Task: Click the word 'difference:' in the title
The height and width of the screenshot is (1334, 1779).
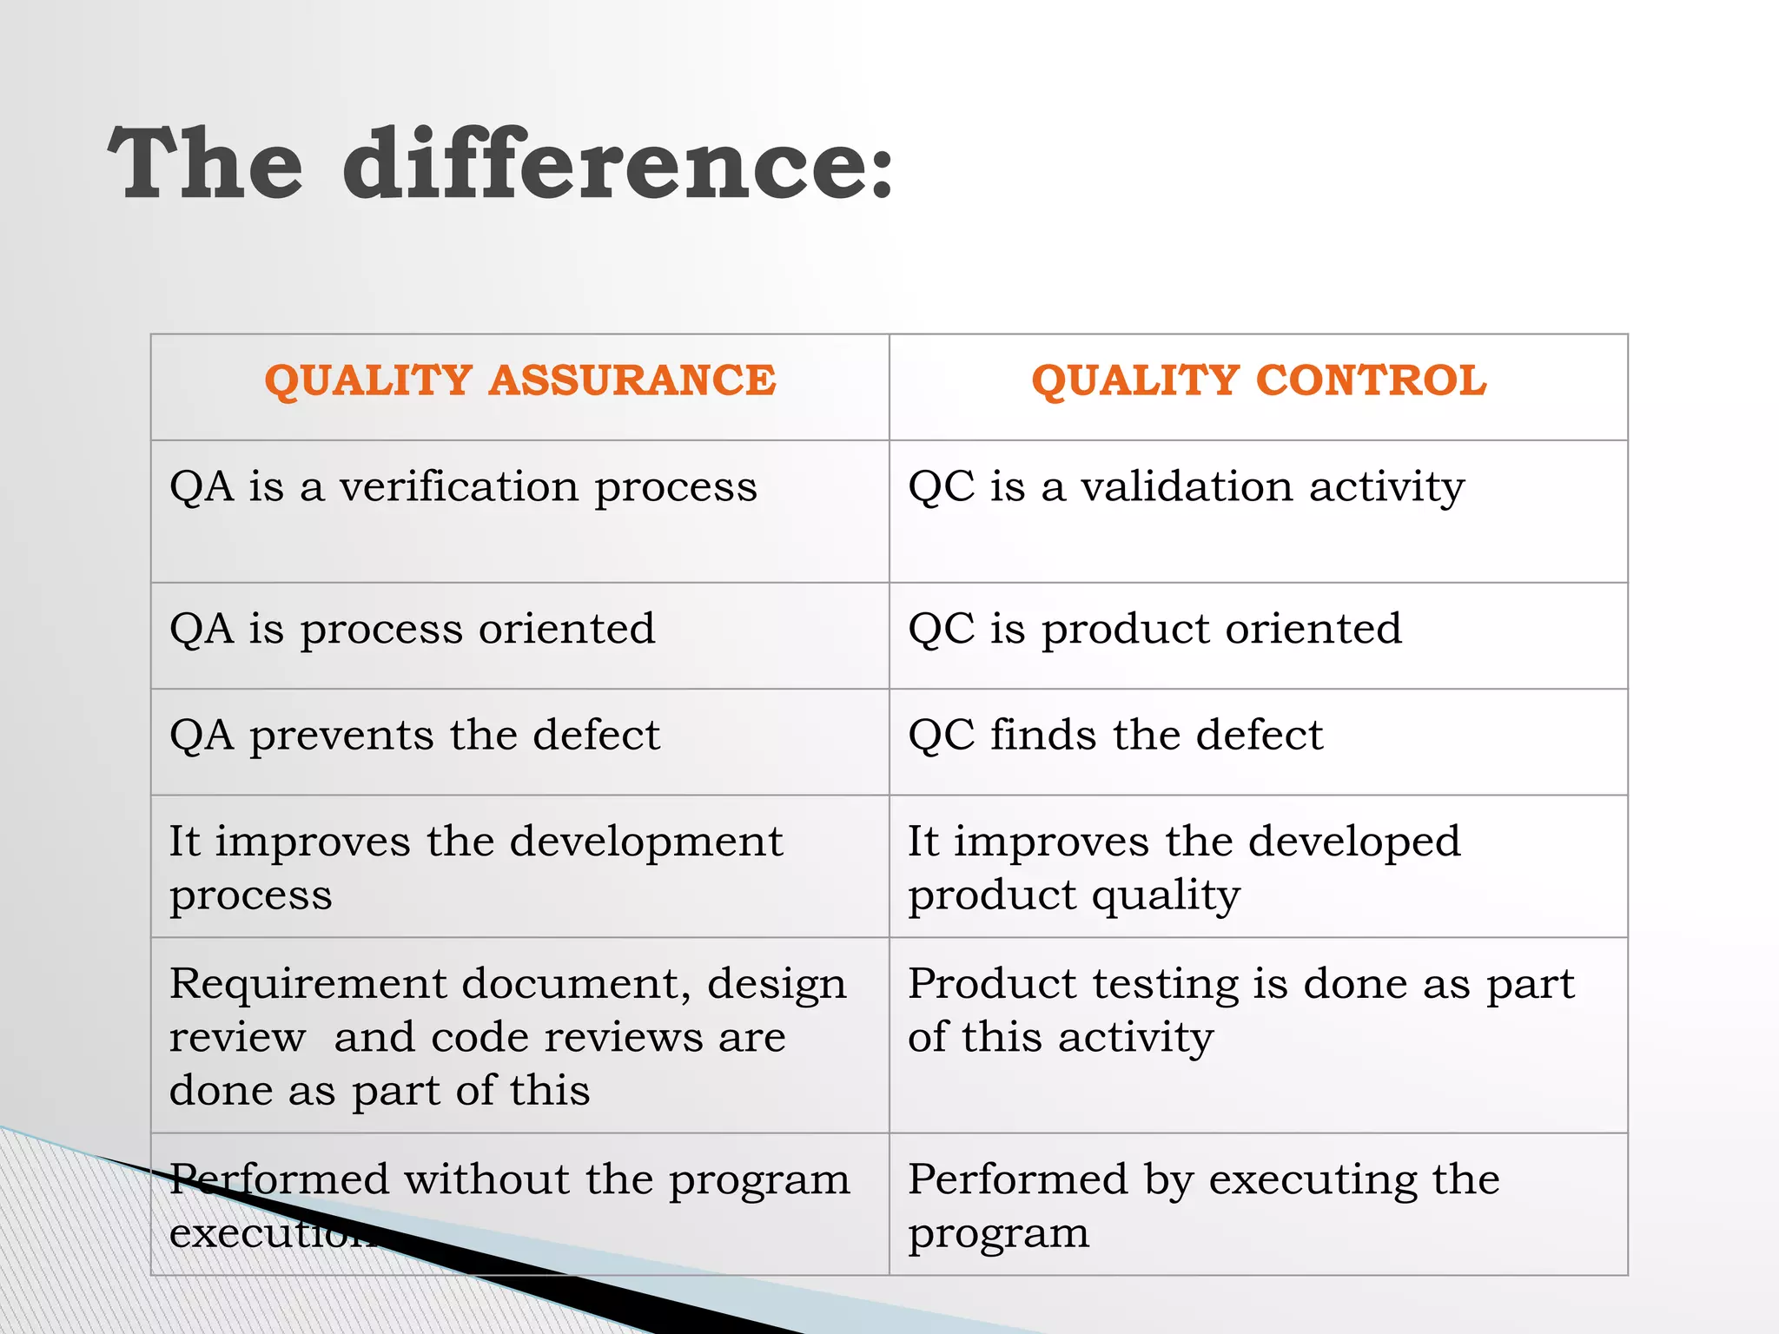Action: point(617,165)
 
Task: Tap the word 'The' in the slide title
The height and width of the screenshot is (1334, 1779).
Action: point(206,165)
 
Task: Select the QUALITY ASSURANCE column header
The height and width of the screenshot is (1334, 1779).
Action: point(519,380)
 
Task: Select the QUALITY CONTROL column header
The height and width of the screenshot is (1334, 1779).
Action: point(1259,380)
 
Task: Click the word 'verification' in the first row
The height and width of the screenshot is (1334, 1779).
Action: point(458,486)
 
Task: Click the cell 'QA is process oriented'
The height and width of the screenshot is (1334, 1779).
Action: point(413,629)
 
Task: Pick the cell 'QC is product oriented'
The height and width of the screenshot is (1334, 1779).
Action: point(1154,629)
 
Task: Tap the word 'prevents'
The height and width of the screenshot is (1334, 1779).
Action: point(341,736)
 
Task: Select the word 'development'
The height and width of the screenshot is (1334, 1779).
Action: point(645,842)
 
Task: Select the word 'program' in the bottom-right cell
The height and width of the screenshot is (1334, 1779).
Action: point(998,1234)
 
